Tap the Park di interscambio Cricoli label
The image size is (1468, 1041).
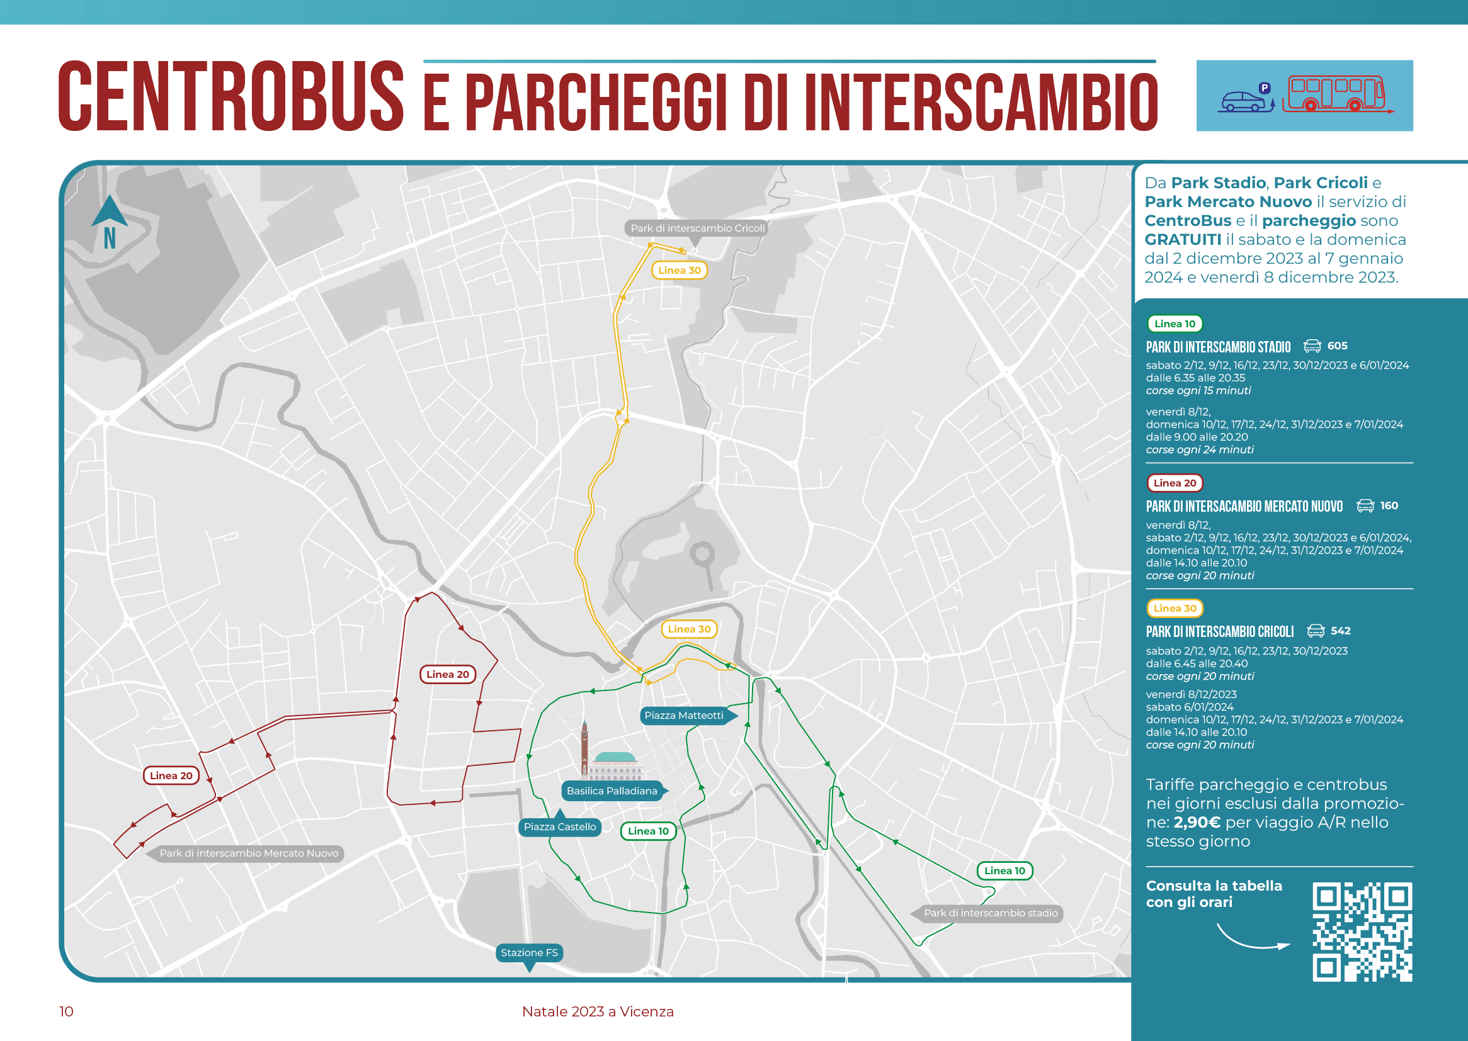tap(697, 228)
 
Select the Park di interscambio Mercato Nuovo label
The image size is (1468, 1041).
tap(248, 853)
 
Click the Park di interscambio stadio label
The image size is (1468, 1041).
tap(989, 913)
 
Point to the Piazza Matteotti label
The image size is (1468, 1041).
tap(684, 716)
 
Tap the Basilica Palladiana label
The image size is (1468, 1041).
tap(612, 791)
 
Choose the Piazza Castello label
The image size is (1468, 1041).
tap(559, 827)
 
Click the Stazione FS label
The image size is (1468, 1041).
tap(529, 952)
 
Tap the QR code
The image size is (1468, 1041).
tap(1362, 932)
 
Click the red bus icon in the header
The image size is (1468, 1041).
tap(1336, 95)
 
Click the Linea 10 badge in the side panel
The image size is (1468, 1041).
tap(1175, 324)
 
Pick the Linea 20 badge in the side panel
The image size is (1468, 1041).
tap(1175, 483)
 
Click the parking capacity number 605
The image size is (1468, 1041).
tap(1337, 346)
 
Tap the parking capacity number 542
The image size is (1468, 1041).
tap(1340, 631)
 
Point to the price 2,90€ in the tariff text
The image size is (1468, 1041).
tap(1197, 823)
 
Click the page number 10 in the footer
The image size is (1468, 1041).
tap(66, 1011)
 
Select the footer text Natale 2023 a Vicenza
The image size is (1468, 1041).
tap(598, 1011)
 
